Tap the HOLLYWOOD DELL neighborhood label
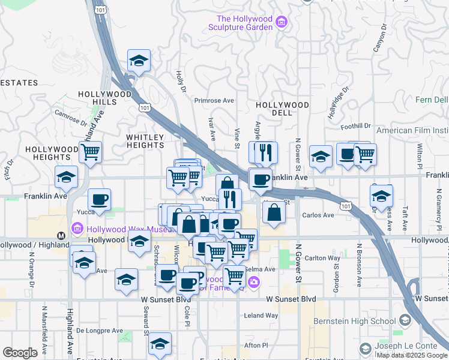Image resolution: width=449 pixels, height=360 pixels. point(282,105)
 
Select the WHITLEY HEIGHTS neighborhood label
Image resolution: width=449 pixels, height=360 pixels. point(145,141)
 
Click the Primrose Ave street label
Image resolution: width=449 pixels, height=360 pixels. point(214,101)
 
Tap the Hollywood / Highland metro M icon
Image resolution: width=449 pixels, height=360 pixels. point(61,235)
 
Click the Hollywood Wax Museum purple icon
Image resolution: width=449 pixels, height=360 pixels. point(76,228)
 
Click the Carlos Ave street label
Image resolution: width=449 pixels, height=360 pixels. point(318,215)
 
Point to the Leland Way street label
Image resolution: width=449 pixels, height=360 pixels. point(261,316)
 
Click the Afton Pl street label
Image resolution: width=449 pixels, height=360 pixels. point(256,345)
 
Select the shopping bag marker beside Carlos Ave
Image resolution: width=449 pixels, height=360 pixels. point(274,212)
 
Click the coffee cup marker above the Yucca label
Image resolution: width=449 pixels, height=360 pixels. point(100,199)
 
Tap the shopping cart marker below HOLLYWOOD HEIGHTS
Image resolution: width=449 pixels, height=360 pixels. point(90,152)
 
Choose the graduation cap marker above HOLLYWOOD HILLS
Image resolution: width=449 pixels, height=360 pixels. point(139,61)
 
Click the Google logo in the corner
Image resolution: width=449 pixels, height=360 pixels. point(20,353)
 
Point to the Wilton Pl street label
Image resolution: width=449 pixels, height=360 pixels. point(420,156)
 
